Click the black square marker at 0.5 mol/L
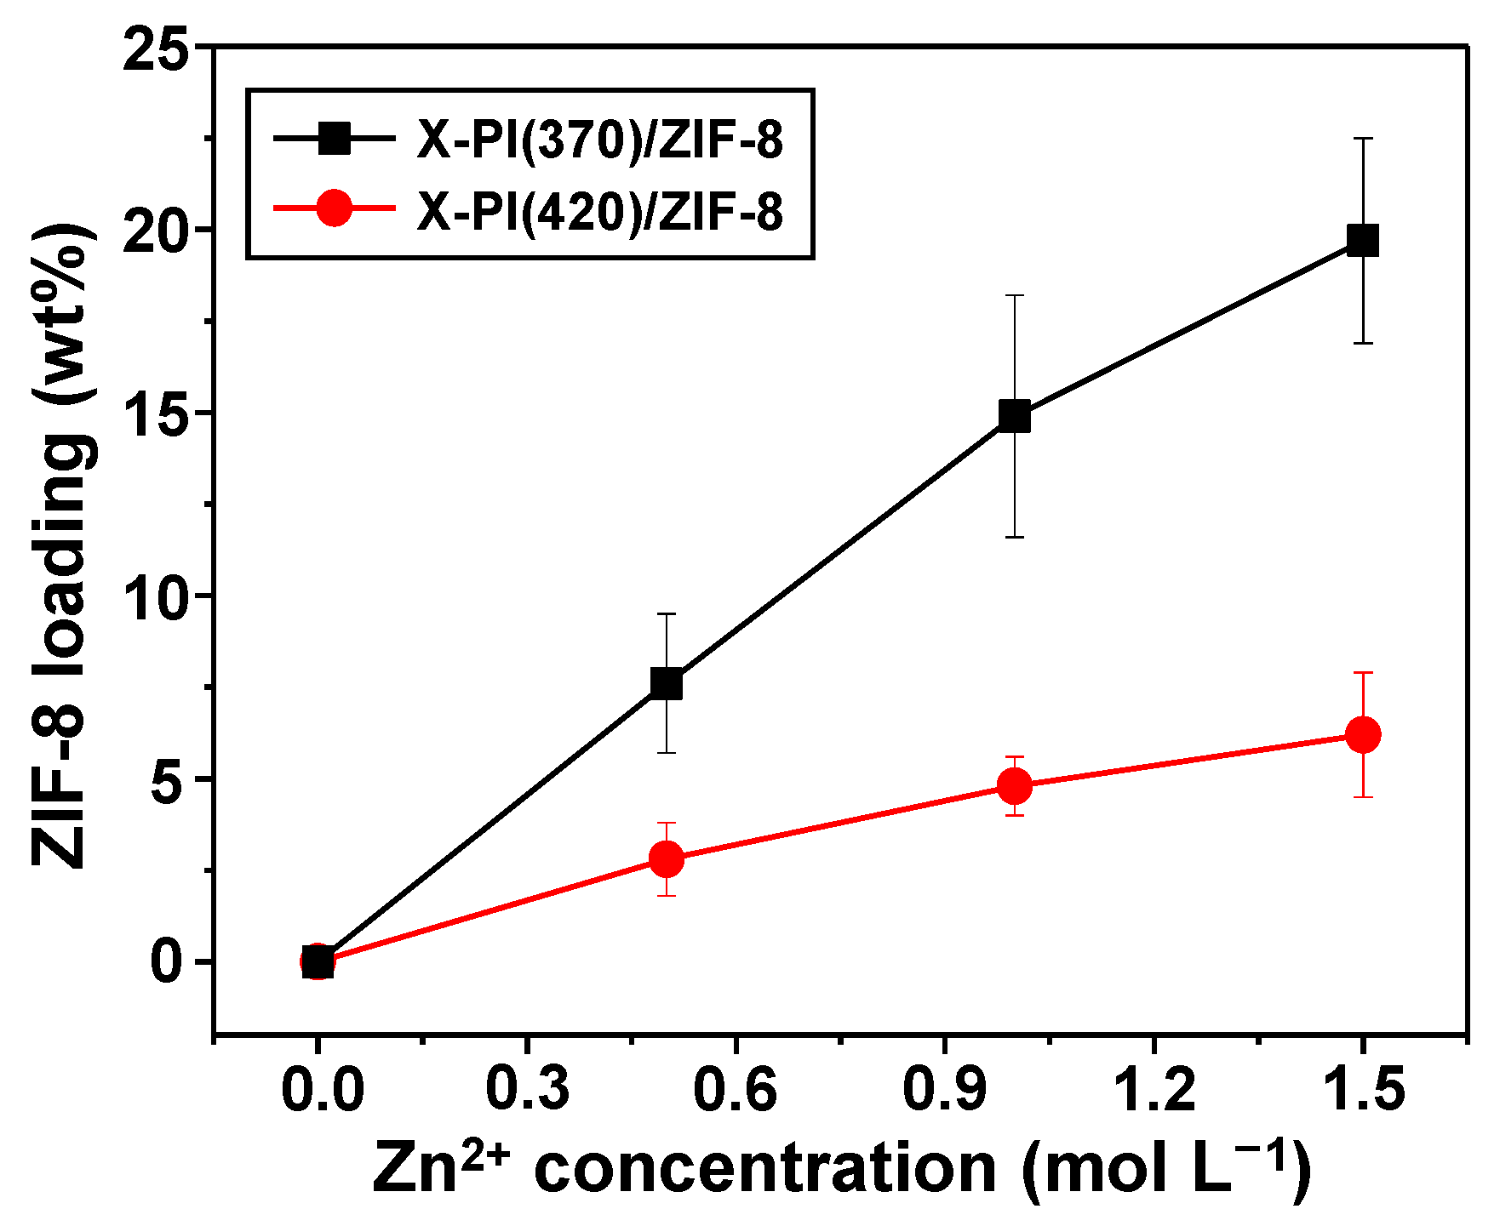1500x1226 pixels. pos(666,682)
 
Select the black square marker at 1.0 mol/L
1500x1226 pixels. pos(1014,417)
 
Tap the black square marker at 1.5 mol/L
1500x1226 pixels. pos(1363,241)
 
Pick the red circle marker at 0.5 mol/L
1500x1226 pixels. pos(666,858)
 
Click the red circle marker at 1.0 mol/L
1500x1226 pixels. pos(1014,785)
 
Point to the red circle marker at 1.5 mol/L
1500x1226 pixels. pos(1363,734)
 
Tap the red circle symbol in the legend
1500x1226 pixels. pos(334,208)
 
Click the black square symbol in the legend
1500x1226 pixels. pos(334,138)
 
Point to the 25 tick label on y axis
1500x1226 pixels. pos(155,48)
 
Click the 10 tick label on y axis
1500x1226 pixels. pos(155,596)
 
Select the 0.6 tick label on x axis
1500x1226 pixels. pos(735,1091)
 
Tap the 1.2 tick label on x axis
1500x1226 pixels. pos(1154,1091)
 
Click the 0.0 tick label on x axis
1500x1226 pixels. pos(322,1091)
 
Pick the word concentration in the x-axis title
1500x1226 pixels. pos(765,1170)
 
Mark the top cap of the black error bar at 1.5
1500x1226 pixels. pos(1363,138)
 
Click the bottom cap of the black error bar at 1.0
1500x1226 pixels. pos(1014,537)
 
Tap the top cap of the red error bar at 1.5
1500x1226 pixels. pos(1363,673)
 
